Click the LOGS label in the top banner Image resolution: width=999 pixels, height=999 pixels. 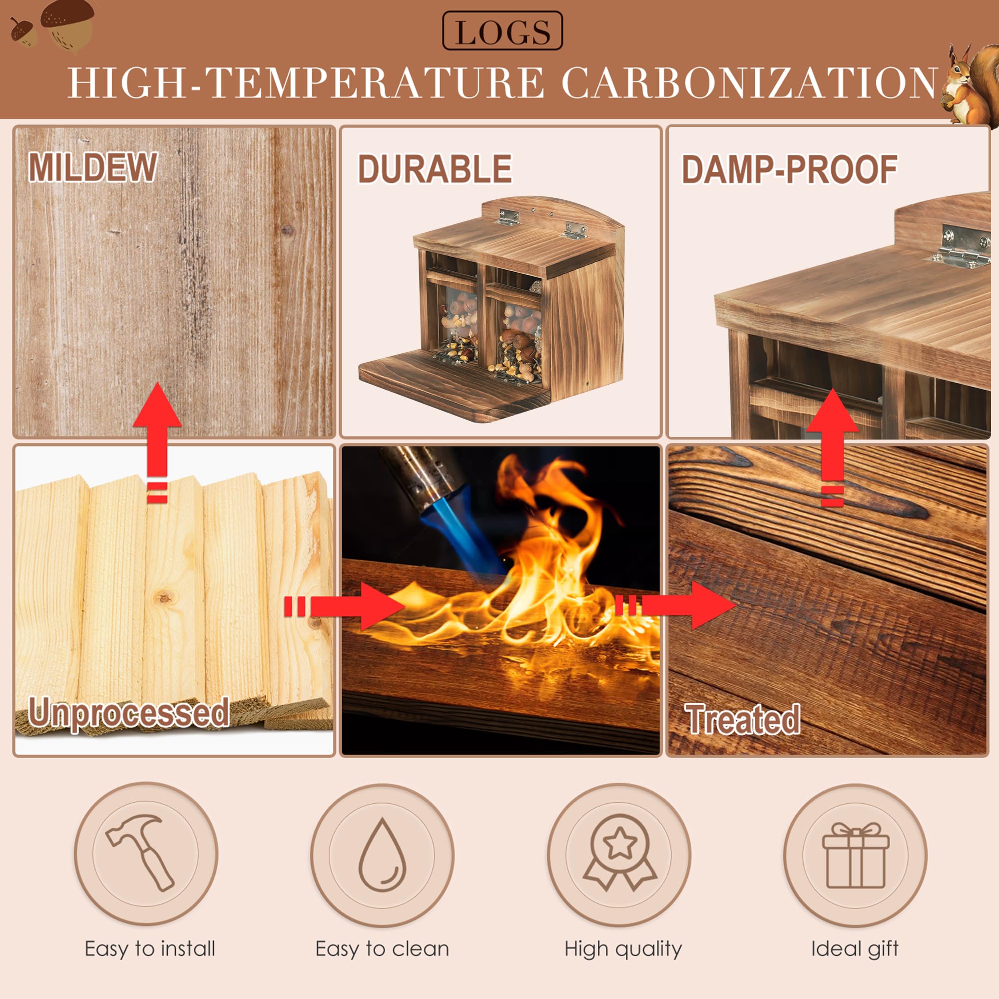pyautogui.click(x=502, y=31)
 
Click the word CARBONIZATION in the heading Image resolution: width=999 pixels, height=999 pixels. pyautogui.click(x=749, y=82)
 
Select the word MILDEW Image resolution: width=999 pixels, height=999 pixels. pyautogui.click(x=92, y=167)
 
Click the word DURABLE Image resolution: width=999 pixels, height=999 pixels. pyautogui.click(x=435, y=169)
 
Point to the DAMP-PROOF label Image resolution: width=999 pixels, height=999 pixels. pyautogui.click(x=790, y=169)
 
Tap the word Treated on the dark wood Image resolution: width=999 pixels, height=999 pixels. pyautogui.click(x=743, y=719)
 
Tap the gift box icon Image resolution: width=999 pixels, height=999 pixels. pyautogui.click(x=856, y=855)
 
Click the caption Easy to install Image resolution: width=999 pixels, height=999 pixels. pyautogui.click(x=150, y=949)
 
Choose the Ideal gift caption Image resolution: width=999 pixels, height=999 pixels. pyautogui.click(x=855, y=949)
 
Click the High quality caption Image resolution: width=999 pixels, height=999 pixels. pyautogui.click(x=623, y=949)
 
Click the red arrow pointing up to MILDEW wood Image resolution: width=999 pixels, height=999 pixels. pyautogui.click(x=157, y=442)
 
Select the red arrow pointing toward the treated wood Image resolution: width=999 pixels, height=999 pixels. pyautogui.click(x=675, y=605)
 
